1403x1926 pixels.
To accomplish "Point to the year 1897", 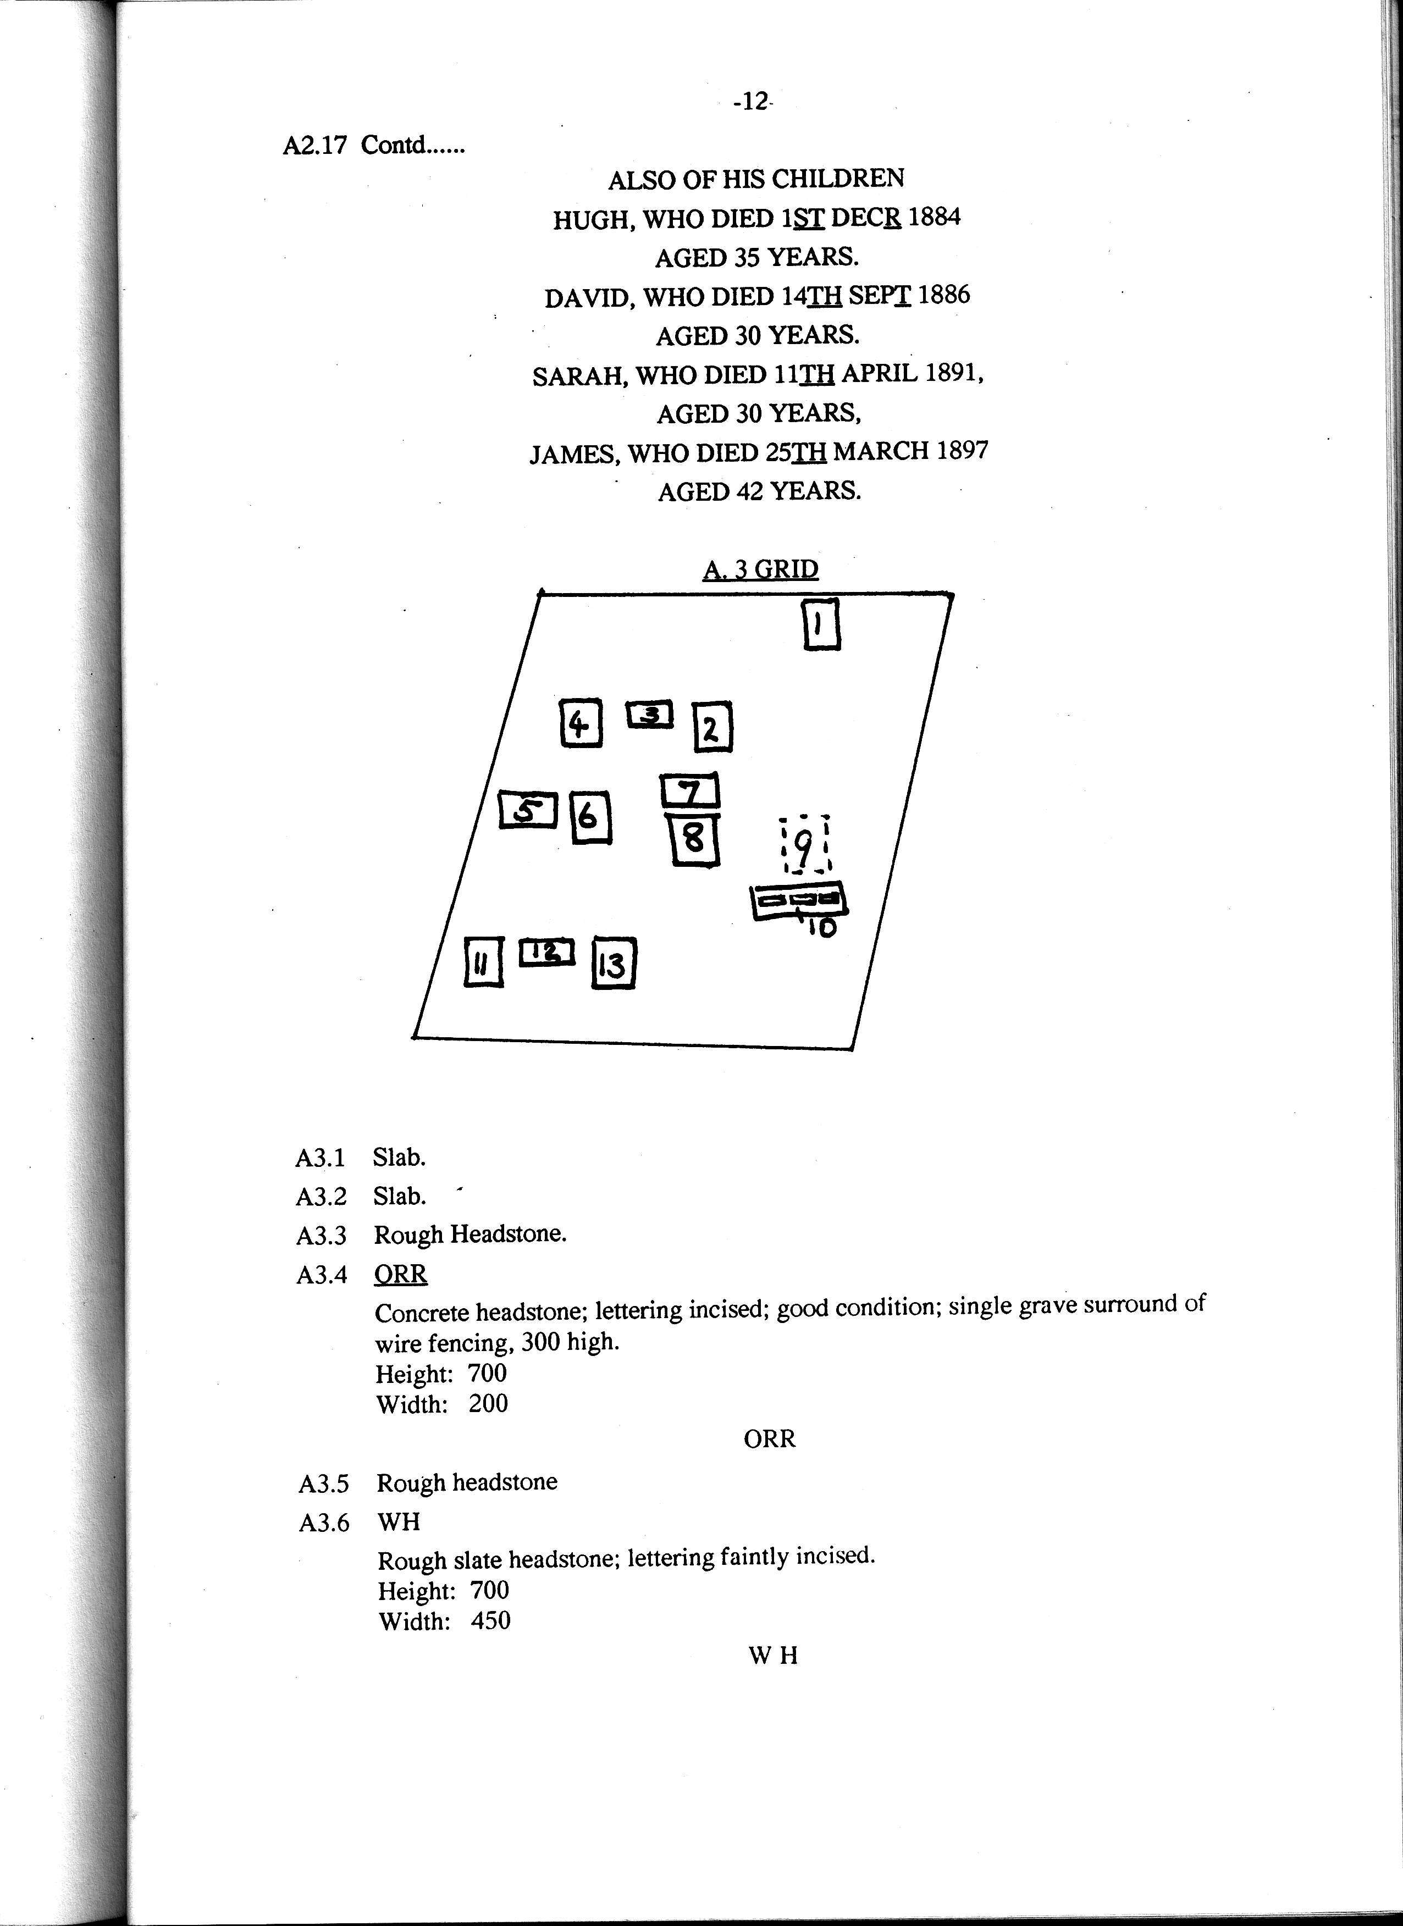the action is point(962,450).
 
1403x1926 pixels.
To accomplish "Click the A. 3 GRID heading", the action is point(760,569).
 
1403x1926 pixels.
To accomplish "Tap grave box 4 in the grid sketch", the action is point(581,723).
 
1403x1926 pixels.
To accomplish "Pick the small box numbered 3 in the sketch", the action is point(650,714).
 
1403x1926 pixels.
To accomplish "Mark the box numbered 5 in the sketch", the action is point(527,810).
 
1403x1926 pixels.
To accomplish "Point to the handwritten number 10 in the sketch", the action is point(821,927).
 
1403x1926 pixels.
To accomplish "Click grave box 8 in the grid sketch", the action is point(694,839).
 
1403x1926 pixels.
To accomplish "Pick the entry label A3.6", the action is point(324,1523).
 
